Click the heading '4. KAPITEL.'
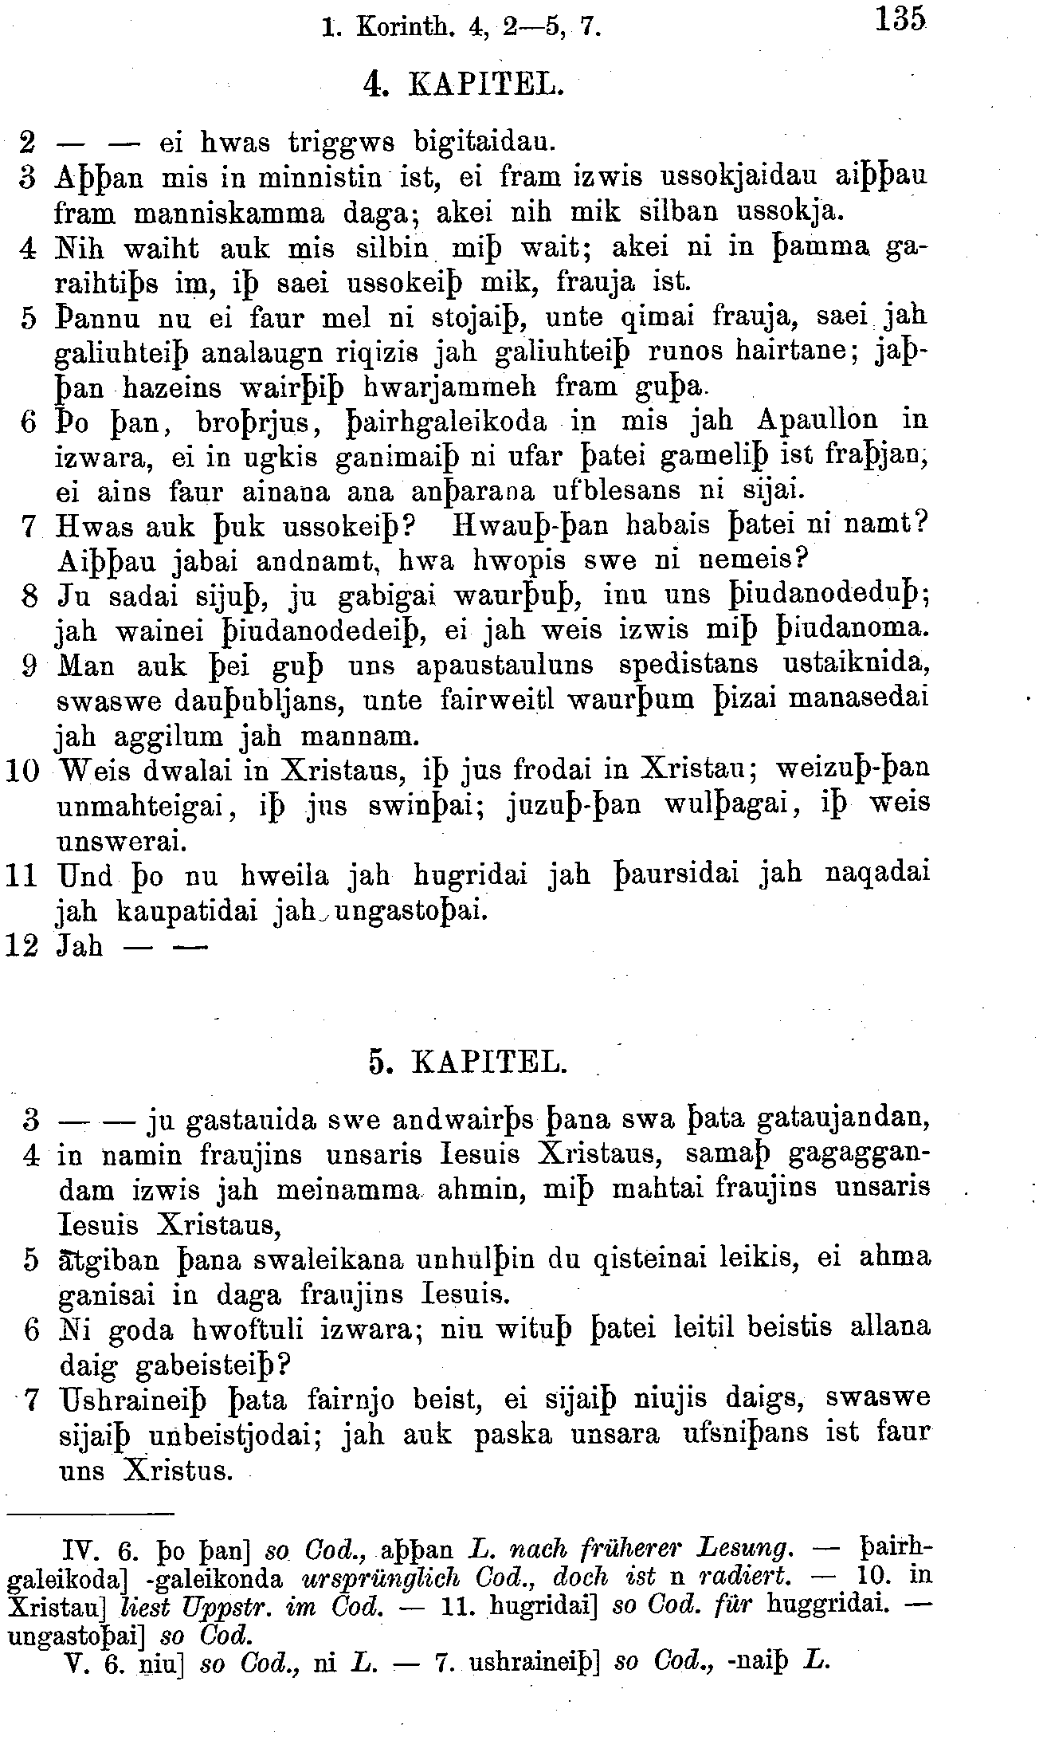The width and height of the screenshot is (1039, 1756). [x=462, y=84]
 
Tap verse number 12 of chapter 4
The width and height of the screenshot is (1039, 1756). [x=22, y=946]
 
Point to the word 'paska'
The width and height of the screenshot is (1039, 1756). [x=513, y=1434]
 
